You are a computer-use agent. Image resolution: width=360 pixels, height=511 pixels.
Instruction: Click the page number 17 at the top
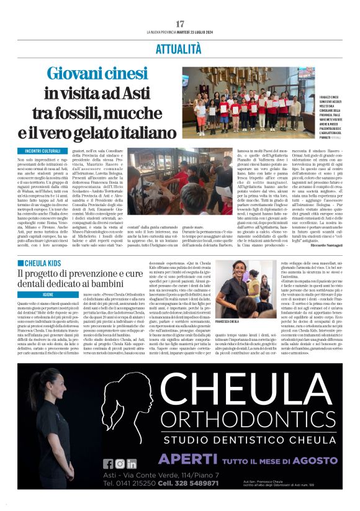coord(180,23)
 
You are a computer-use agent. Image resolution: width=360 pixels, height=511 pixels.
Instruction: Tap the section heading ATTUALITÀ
coord(179,48)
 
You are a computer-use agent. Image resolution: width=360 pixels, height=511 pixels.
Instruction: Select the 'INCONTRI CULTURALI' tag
coord(43,151)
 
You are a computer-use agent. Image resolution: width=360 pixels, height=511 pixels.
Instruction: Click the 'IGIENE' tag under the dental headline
coord(43,278)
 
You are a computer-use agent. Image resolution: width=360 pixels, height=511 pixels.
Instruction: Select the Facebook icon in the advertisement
coord(108,463)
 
